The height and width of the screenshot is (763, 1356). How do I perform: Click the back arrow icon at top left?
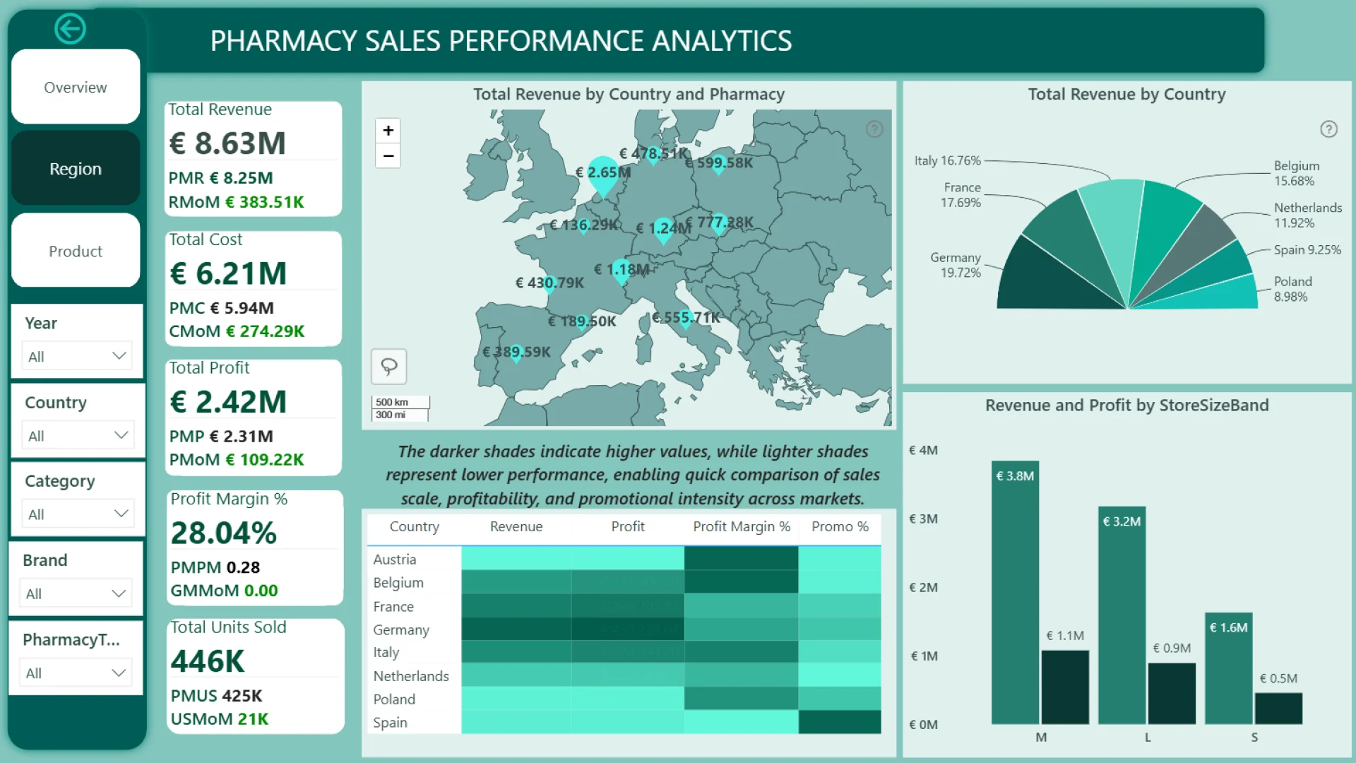70,29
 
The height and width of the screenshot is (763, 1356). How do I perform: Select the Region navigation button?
76,169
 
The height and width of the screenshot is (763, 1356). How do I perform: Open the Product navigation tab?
76,252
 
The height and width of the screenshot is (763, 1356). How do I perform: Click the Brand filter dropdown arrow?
118,593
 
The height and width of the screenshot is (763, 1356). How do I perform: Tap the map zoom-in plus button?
388,131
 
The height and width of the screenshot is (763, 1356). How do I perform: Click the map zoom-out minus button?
388,156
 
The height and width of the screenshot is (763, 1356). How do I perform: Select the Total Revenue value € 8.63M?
227,143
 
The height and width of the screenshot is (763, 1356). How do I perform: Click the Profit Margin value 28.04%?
223,533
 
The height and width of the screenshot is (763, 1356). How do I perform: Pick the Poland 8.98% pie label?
1292,289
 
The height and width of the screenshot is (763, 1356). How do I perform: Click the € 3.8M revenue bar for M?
1015,593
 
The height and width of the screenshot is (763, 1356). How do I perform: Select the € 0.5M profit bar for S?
1278,708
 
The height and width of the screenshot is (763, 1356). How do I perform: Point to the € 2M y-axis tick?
923,588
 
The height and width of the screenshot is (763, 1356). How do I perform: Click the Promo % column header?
840,527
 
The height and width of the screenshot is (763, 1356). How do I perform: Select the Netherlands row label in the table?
411,676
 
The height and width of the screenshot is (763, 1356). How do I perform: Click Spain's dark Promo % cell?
840,722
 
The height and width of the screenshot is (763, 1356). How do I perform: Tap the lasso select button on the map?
389,366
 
